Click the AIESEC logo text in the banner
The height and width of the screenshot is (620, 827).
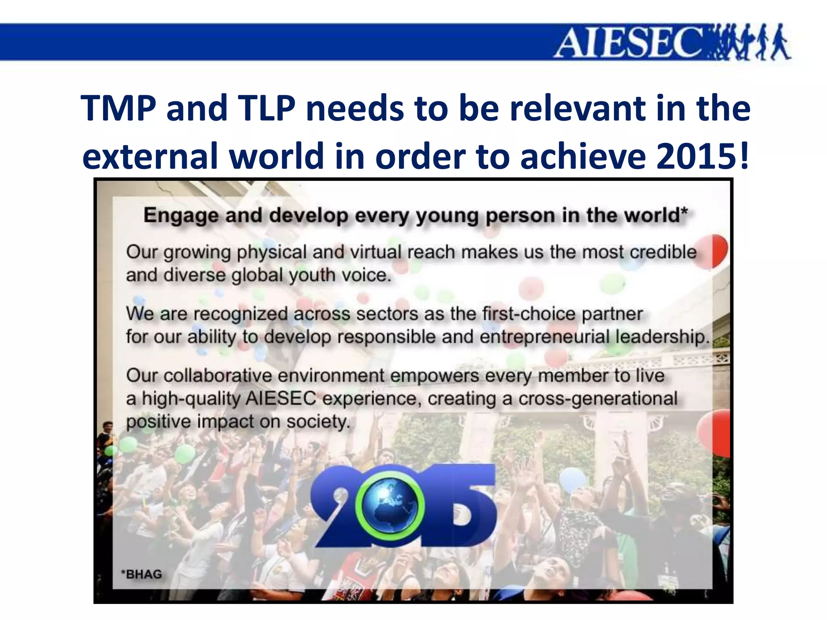click(x=630, y=43)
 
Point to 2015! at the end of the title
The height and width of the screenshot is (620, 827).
click(x=703, y=157)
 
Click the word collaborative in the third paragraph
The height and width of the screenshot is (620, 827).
click(x=218, y=376)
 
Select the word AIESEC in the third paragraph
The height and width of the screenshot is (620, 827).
click(x=281, y=399)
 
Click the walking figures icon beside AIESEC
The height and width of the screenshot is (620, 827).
click(x=747, y=43)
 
